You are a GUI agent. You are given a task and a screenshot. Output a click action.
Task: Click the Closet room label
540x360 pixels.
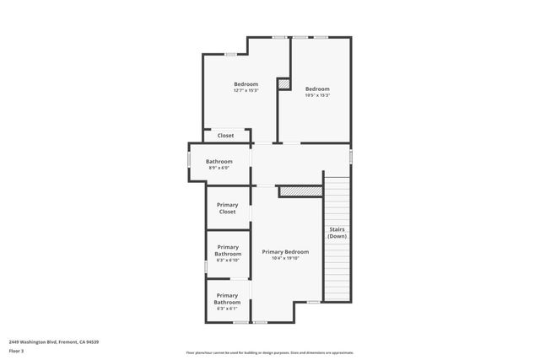pyautogui.click(x=225, y=135)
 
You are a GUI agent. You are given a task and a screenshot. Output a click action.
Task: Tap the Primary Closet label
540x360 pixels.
pyautogui.click(x=228, y=208)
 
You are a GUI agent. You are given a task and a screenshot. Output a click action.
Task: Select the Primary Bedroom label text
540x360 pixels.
pyautogui.click(x=285, y=251)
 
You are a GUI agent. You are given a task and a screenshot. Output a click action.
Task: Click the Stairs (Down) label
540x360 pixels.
pyautogui.click(x=337, y=233)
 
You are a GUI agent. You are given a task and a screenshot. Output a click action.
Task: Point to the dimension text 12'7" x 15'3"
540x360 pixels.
pyautogui.click(x=246, y=90)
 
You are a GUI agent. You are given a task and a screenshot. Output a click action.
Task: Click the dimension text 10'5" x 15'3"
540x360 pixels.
pyautogui.click(x=317, y=95)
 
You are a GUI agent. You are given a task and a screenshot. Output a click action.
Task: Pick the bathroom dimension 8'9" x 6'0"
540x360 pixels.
pyautogui.click(x=219, y=168)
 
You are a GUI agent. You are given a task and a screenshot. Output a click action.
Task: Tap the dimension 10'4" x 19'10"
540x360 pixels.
pyautogui.click(x=285, y=258)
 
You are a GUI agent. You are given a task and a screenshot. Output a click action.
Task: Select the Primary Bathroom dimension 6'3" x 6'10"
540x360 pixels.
pyautogui.click(x=228, y=261)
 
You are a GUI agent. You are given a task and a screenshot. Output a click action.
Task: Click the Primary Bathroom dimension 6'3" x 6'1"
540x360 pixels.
pyautogui.click(x=228, y=309)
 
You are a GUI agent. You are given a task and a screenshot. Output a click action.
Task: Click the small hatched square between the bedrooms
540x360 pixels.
pyautogui.click(x=284, y=84)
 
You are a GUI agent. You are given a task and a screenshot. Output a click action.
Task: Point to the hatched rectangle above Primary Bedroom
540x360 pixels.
pyautogui.click(x=300, y=191)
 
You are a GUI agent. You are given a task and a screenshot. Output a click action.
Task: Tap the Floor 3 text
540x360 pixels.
pyautogui.click(x=16, y=350)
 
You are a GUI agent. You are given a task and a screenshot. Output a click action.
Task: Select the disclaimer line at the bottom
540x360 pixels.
pyautogui.click(x=269, y=353)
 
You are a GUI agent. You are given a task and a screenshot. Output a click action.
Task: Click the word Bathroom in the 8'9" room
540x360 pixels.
pyautogui.click(x=219, y=161)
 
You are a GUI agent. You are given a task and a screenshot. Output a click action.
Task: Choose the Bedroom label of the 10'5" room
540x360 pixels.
pyautogui.click(x=317, y=89)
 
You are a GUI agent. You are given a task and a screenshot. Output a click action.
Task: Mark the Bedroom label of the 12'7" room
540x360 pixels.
pyautogui.click(x=246, y=83)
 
